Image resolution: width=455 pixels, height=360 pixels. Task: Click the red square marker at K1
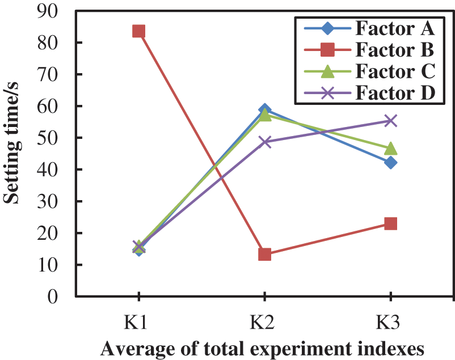(x=138, y=31)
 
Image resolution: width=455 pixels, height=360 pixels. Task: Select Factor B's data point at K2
(x=264, y=254)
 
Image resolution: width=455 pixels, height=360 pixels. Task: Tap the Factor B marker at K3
(x=390, y=223)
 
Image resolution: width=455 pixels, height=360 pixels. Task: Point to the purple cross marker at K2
(x=264, y=141)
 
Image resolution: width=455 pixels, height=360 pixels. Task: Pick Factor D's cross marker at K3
(x=390, y=120)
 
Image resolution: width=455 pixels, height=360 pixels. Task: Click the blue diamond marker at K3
(x=390, y=162)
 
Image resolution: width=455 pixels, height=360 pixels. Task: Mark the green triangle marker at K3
(x=390, y=148)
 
